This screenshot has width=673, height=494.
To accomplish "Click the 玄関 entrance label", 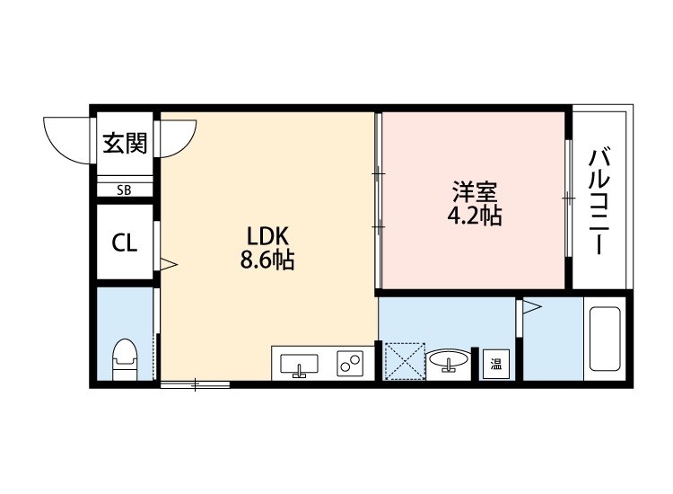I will click(x=124, y=143).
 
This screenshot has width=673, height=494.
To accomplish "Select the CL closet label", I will click(x=124, y=243).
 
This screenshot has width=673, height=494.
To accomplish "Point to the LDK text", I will click(x=267, y=237).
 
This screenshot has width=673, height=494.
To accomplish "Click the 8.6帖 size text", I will click(x=267, y=261).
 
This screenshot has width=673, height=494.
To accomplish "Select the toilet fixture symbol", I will click(x=124, y=358).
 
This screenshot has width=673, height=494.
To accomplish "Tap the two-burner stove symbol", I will click(x=348, y=364).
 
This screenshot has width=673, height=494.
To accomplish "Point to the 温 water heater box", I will click(x=495, y=365).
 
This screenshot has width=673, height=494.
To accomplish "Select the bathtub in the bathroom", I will click(x=603, y=339).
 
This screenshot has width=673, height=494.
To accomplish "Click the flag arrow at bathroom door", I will click(x=532, y=309).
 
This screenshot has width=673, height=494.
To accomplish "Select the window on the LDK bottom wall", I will click(x=196, y=385).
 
